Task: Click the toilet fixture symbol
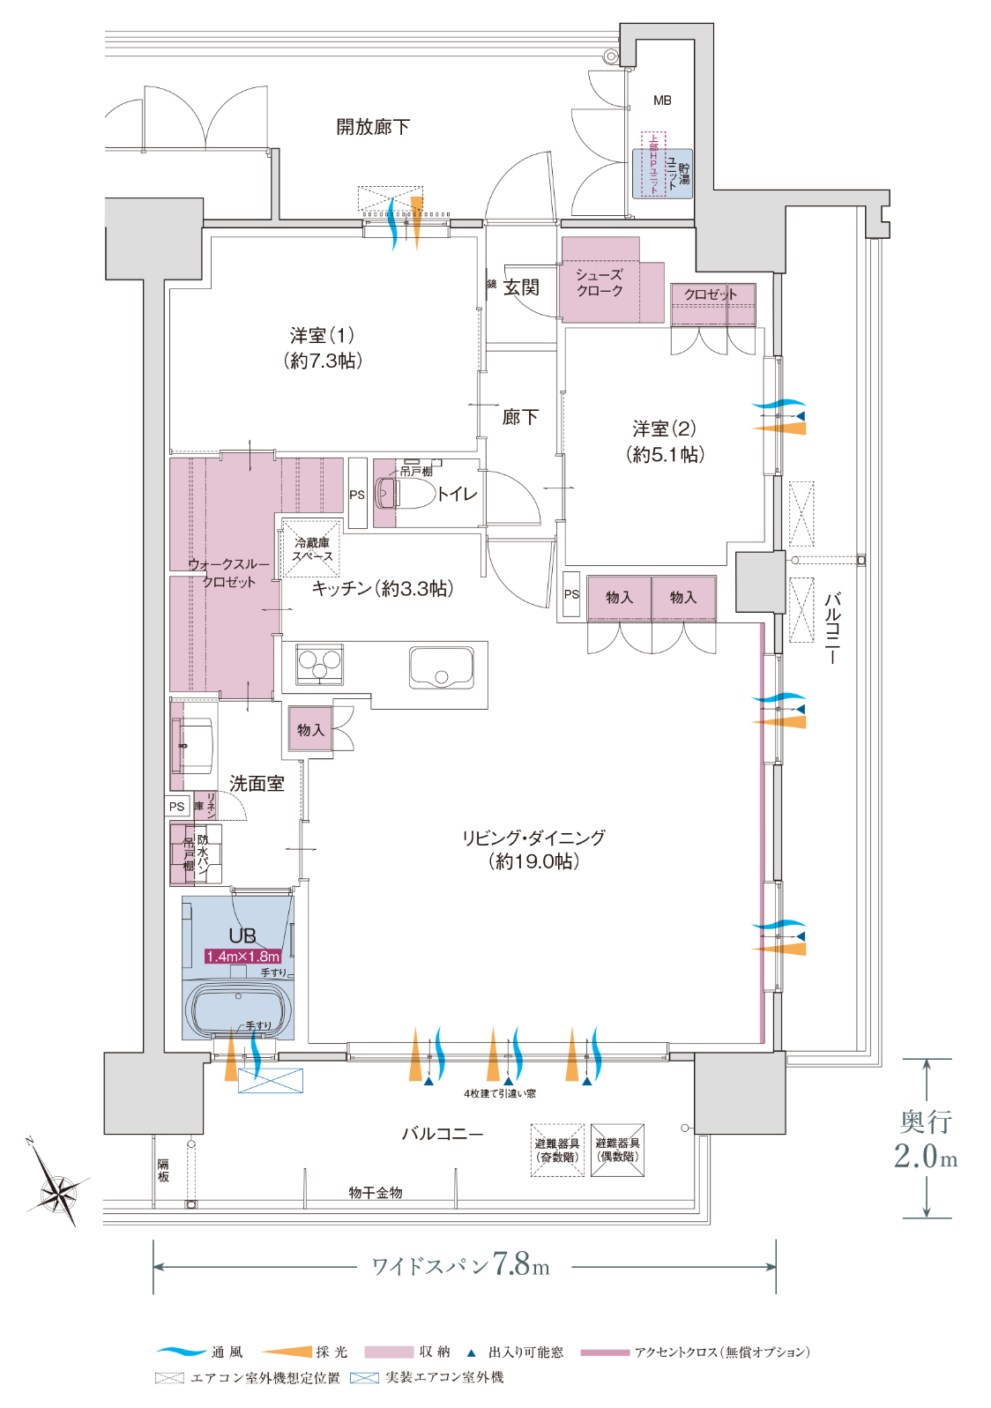(405, 494)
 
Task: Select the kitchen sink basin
(441, 668)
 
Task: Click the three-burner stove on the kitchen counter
(320, 664)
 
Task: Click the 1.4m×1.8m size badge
(243, 956)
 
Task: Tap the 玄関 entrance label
(521, 287)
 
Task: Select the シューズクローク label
(600, 282)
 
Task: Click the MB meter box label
(662, 101)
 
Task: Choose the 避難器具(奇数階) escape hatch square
(556, 1150)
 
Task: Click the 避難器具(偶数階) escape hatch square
(617, 1150)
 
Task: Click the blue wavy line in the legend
(181, 1351)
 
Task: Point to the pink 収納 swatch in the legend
(389, 1352)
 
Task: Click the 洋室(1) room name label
(322, 335)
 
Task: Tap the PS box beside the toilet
(357, 494)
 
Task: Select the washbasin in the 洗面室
(195, 745)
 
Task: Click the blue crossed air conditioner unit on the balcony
(270, 1081)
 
